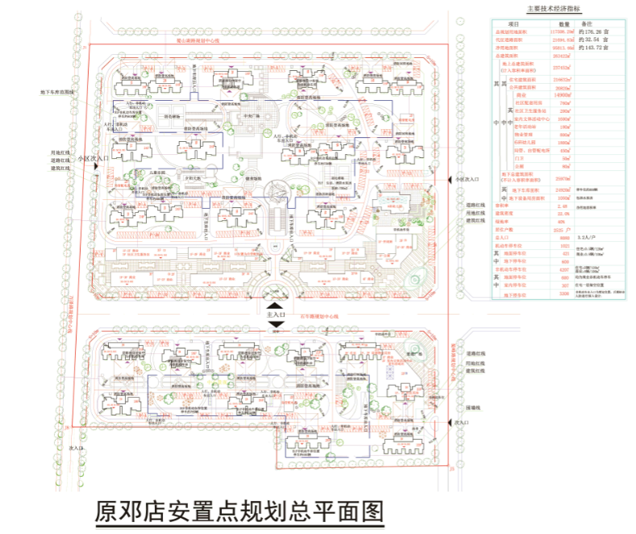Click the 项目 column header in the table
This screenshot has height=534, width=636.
[x=513, y=25]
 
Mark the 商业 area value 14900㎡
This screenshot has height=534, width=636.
[x=565, y=94]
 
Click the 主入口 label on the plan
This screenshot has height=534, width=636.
[x=276, y=314]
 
